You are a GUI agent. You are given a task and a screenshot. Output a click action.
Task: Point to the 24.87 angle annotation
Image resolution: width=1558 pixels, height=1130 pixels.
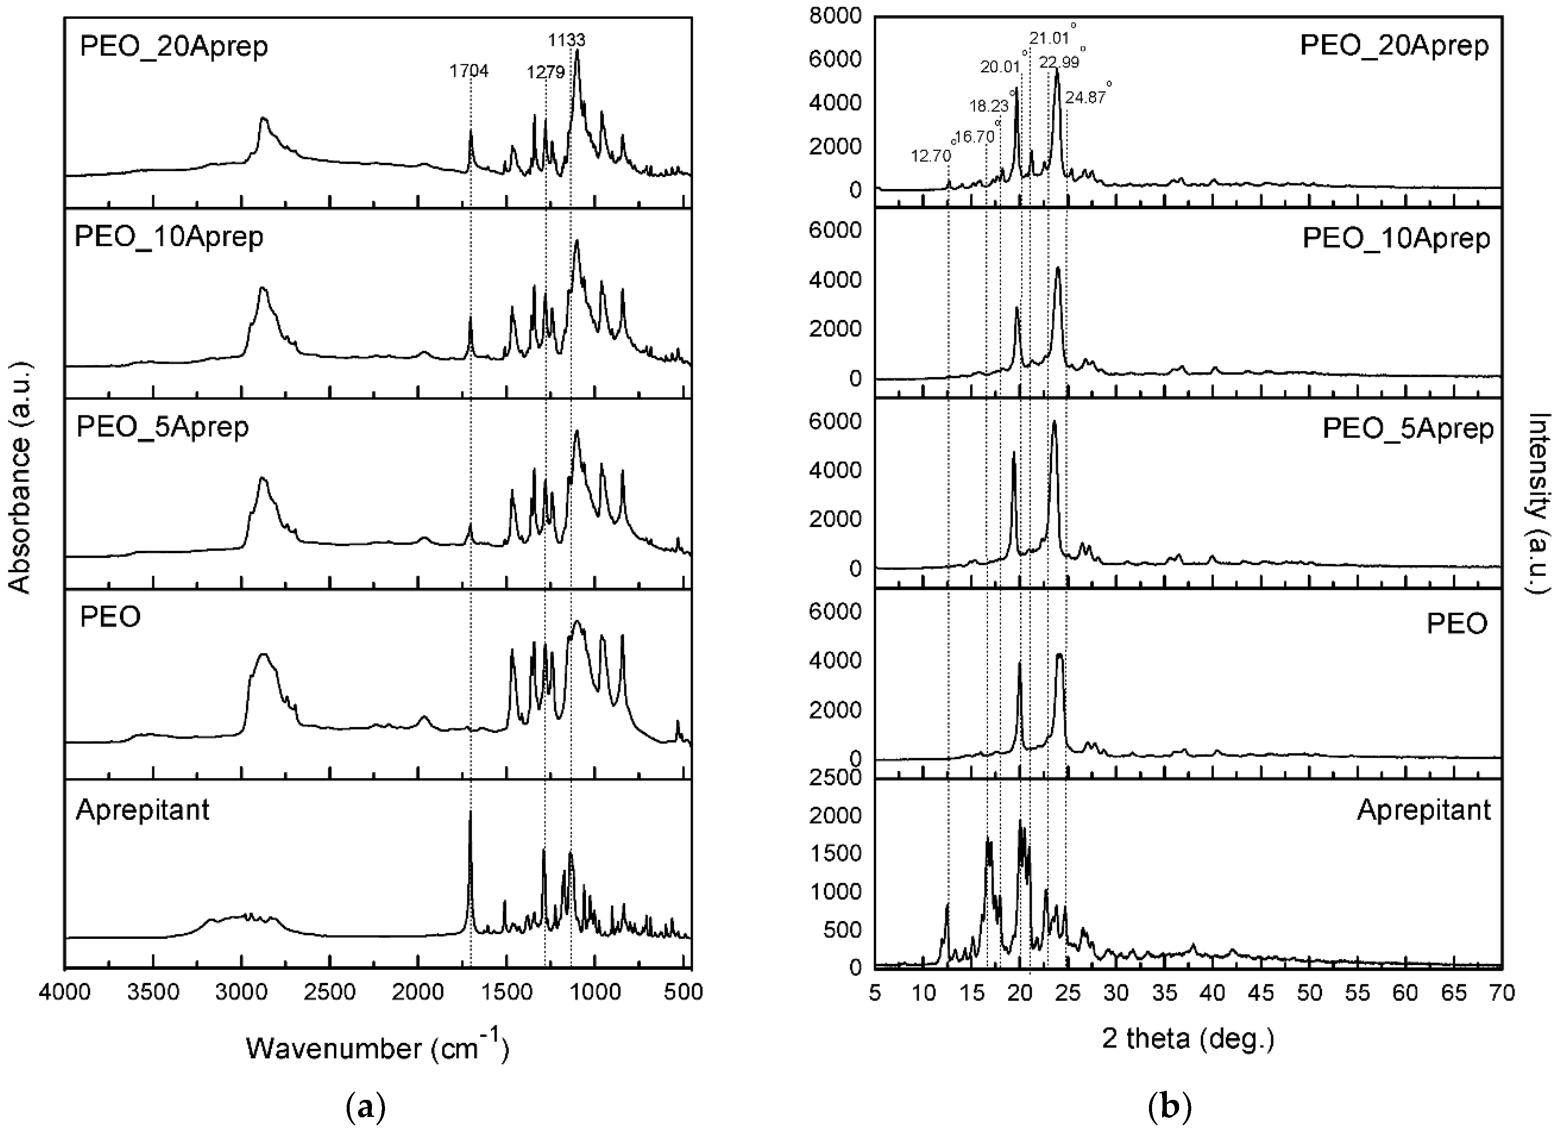pos(1085,98)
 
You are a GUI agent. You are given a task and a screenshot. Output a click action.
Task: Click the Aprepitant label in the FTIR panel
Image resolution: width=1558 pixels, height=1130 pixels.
pos(143,810)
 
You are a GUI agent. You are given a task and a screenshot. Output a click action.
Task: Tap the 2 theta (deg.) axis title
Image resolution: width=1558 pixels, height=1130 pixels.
pos(1188,1038)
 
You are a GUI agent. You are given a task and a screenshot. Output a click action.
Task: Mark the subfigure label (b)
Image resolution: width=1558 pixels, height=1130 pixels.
pos(1169,1107)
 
